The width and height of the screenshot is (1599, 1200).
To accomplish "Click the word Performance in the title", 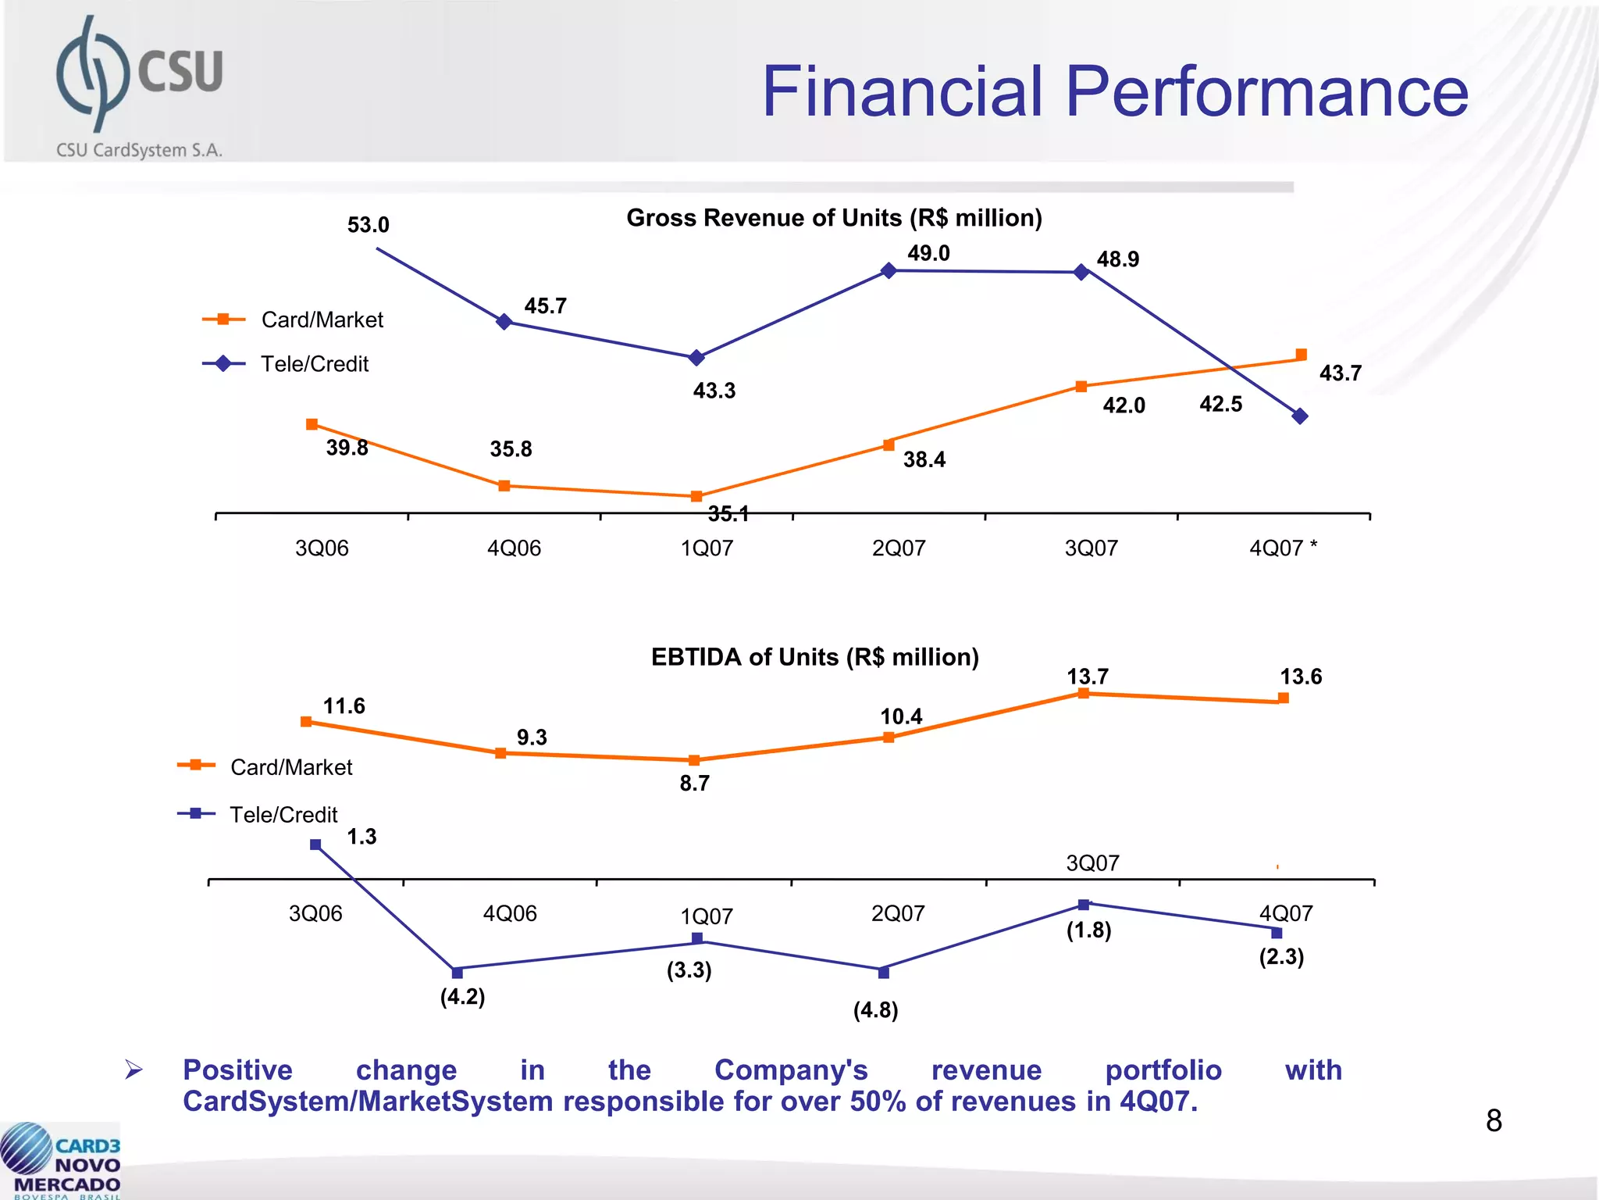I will (x=1266, y=92).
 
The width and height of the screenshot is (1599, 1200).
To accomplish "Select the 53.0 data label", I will (x=368, y=225).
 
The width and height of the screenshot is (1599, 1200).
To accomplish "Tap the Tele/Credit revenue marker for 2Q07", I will (x=889, y=270).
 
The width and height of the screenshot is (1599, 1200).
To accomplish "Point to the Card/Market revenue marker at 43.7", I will (x=1301, y=355).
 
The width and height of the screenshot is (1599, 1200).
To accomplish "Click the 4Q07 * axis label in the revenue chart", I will (x=1283, y=548).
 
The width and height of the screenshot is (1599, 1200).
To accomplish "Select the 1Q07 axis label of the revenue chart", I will (x=707, y=548).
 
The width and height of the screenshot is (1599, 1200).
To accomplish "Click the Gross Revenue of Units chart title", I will (x=834, y=218).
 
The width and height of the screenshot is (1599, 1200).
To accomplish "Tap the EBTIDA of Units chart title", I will (x=814, y=657).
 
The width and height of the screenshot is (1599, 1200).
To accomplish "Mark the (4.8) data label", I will (x=875, y=1010).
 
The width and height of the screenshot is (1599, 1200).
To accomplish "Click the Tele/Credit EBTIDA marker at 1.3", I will (x=315, y=845).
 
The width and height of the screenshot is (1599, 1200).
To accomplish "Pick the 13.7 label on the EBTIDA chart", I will (x=1088, y=677).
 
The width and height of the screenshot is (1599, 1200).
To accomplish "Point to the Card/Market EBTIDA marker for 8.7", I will (x=694, y=760).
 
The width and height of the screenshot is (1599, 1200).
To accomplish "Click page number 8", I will (x=1494, y=1121).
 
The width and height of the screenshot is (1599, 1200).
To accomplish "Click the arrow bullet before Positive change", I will (x=134, y=1070).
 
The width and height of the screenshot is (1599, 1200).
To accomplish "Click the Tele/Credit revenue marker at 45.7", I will (x=504, y=321).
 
